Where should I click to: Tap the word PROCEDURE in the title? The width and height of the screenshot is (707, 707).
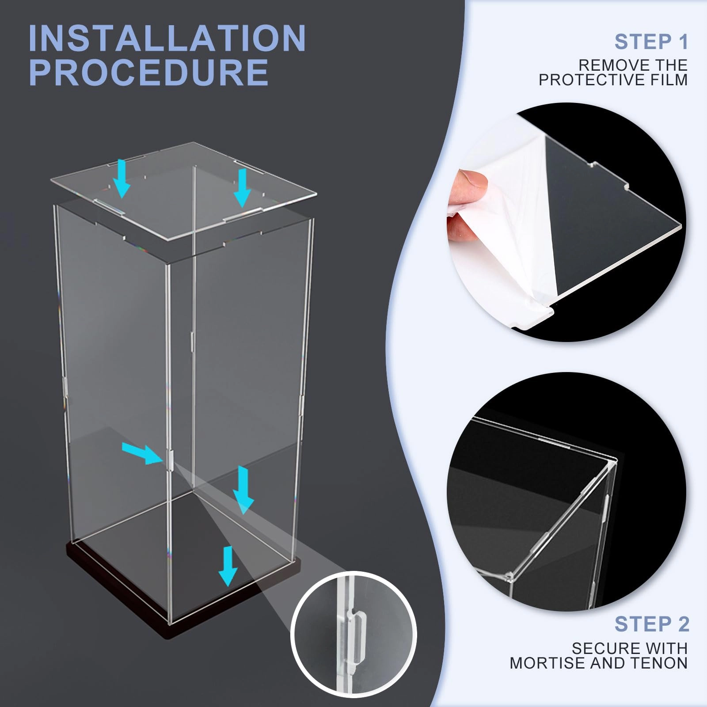[x=148, y=72]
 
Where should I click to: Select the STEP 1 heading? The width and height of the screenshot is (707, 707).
[x=651, y=42]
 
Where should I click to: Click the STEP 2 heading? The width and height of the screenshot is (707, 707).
[x=651, y=624]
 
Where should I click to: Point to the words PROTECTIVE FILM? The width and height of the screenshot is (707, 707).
[x=613, y=80]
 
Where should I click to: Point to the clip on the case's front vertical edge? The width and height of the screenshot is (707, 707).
[x=169, y=460]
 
